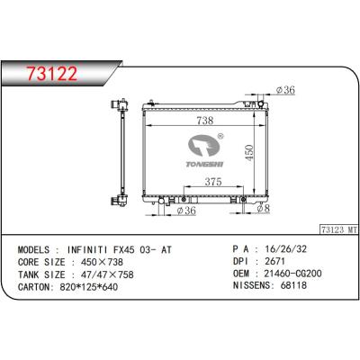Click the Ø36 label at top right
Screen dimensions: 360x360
coord(285,90)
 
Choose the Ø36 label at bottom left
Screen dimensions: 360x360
coord(186,211)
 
